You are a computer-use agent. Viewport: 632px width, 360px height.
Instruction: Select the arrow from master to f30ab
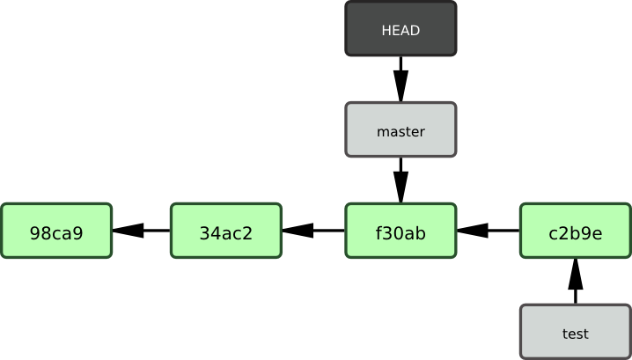(x=401, y=180)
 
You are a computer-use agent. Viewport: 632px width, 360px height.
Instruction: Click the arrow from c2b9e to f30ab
(x=488, y=231)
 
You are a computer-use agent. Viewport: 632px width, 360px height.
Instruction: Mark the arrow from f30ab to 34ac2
(x=313, y=231)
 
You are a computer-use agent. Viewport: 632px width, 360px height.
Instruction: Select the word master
(x=401, y=132)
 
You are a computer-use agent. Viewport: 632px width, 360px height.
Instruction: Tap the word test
(x=576, y=334)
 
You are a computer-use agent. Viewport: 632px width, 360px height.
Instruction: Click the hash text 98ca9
(x=56, y=233)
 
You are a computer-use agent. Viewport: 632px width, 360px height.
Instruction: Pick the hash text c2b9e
(x=576, y=233)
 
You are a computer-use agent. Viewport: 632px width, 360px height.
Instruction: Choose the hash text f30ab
(x=401, y=233)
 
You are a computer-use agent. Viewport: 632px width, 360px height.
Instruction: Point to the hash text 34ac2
(x=225, y=233)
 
